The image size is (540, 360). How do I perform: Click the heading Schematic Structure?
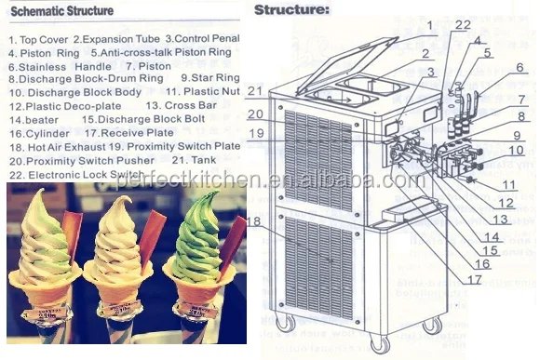coord(61,11)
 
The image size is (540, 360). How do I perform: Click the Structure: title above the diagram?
coord(291,10)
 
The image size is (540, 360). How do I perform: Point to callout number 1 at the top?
coord(430,24)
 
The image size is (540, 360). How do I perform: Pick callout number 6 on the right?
coord(520,67)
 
